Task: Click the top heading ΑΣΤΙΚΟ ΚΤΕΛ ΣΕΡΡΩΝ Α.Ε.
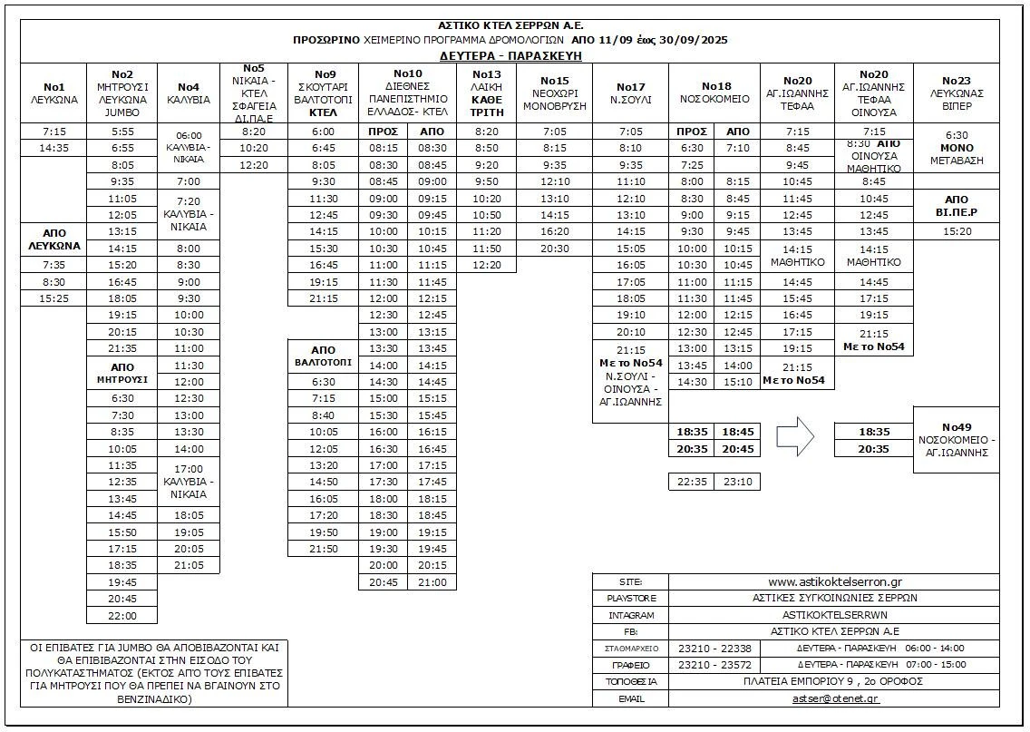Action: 510,25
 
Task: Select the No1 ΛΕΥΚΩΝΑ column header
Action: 53,93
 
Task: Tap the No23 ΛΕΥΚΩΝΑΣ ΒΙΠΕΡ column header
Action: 956,93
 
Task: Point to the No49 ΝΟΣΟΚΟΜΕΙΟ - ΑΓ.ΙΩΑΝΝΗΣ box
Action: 956,440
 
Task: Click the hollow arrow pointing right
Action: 796,436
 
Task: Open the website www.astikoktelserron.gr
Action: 834,581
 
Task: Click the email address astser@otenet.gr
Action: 834,698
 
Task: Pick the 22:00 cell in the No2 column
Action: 121,616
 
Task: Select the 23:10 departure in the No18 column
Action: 737,483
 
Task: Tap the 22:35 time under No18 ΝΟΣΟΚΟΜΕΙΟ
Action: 692,483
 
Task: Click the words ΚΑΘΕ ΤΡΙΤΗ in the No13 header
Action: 487,106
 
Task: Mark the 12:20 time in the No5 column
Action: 254,165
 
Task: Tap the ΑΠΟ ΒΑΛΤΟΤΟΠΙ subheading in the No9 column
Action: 323,356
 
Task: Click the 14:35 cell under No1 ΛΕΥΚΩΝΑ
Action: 53,148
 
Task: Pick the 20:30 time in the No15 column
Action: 554,249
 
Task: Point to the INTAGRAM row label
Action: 630,615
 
